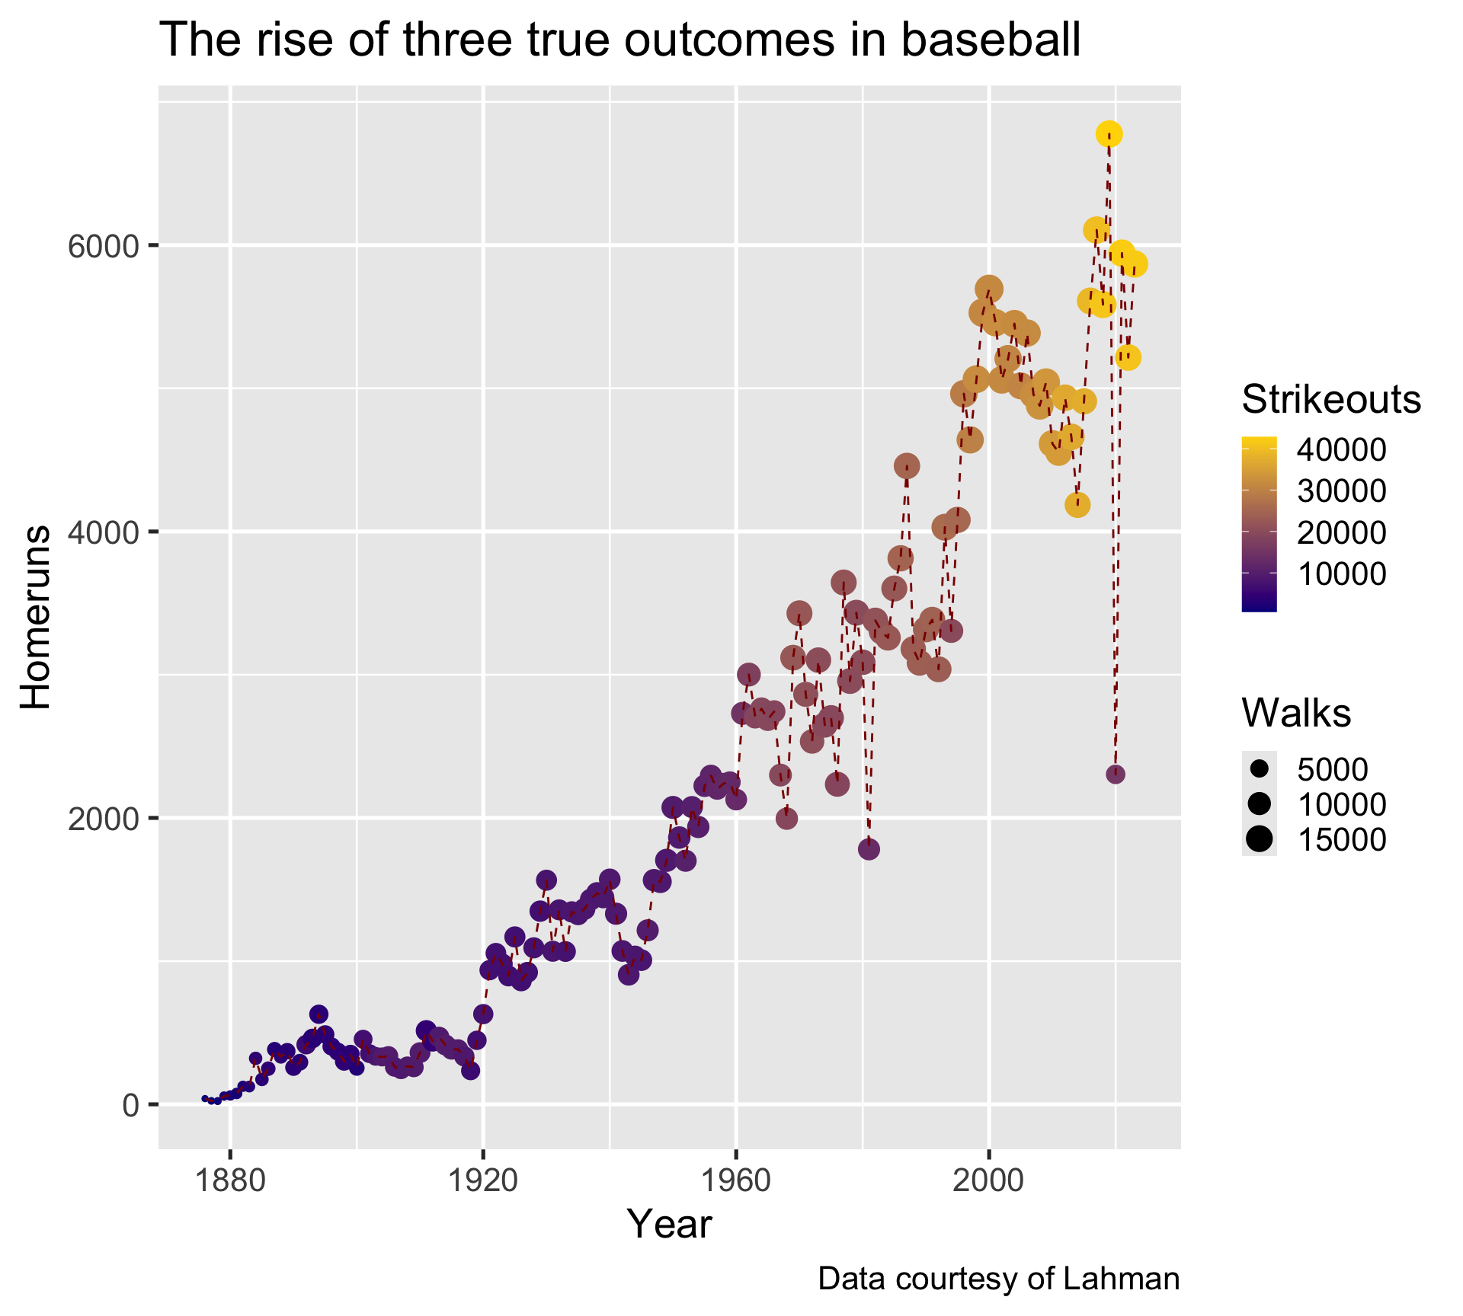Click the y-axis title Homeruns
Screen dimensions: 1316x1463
[x=35, y=617]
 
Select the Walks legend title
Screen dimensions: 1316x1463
[x=1296, y=713]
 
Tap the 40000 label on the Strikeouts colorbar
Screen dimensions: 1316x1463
[x=1341, y=450]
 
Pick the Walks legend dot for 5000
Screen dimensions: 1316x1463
[x=1259, y=770]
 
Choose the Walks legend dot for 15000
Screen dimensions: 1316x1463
[x=1259, y=839]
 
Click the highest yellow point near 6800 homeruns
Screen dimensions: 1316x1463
[x=1109, y=134]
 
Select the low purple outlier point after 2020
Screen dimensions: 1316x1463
[x=1116, y=775]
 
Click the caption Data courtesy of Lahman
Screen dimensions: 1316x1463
[x=998, y=1279]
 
